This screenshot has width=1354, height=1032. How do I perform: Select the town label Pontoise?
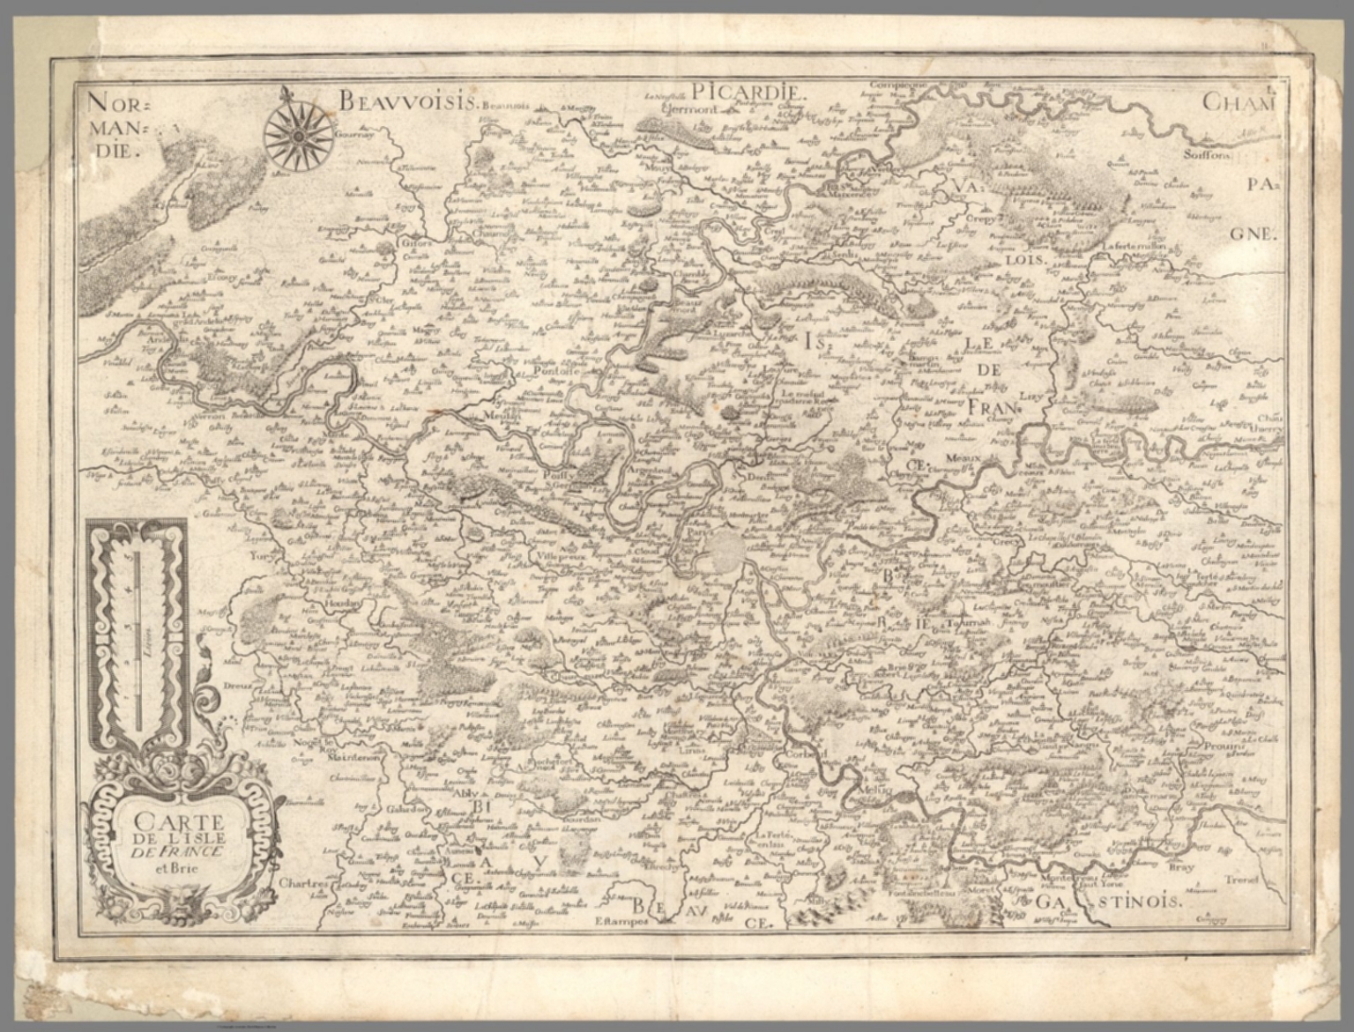click(553, 371)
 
